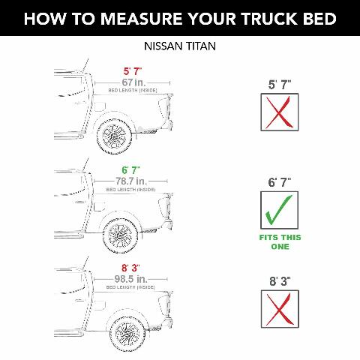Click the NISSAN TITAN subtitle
coord(179,46)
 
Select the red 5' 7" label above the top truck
coord(133,72)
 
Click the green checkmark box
coord(278,211)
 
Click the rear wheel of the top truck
coord(116,137)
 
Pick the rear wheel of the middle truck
coord(119,235)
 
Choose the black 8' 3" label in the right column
coord(278,281)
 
